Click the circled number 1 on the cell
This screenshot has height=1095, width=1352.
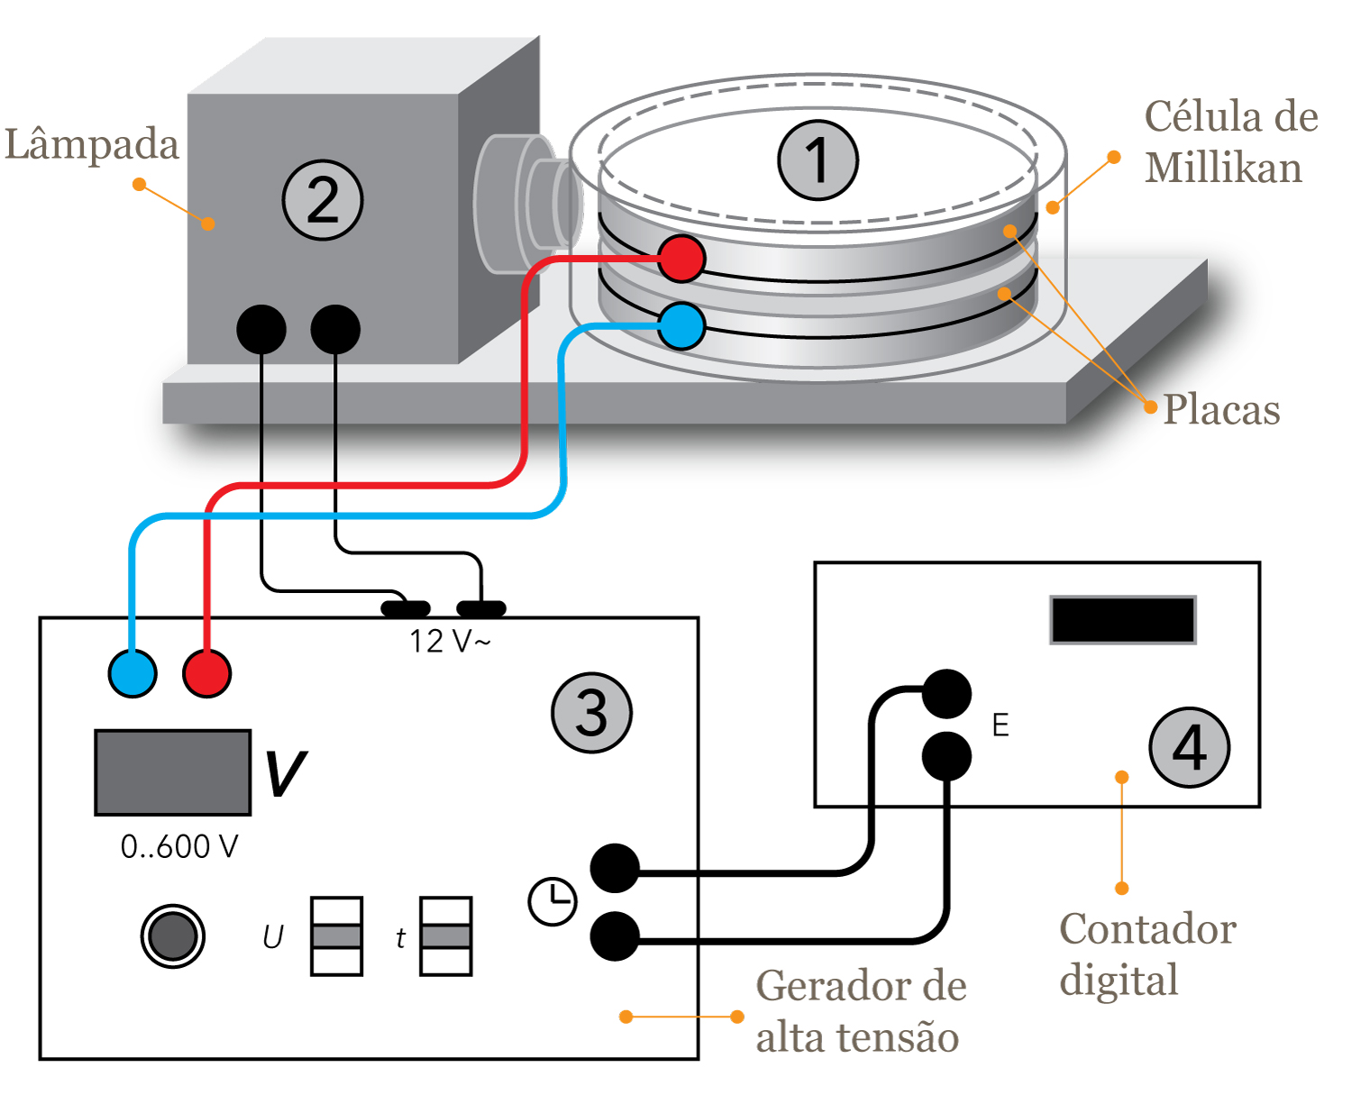[x=818, y=160]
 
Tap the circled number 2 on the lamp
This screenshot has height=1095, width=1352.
[x=323, y=199]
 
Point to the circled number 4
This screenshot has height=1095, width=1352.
[x=1190, y=747]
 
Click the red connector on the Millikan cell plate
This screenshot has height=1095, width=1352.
[x=681, y=259]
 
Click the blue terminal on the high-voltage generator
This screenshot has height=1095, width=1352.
[x=132, y=673]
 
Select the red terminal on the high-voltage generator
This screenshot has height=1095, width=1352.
[x=207, y=673]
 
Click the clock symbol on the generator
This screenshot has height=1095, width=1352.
[x=553, y=900]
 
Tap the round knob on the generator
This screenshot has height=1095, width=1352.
[x=173, y=936]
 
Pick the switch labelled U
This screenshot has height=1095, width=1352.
[x=336, y=936]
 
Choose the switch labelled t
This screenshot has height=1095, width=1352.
[x=446, y=936]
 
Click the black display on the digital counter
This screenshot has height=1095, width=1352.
[x=1123, y=620]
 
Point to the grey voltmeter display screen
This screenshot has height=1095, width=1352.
[x=173, y=772]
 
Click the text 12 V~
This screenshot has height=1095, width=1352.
[x=450, y=642]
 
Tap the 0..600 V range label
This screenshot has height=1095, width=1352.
[x=179, y=847]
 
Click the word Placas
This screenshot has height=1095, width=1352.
[x=1221, y=410]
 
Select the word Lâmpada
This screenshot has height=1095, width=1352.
[x=92, y=144]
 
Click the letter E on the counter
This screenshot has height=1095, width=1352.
[x=1000, y=725]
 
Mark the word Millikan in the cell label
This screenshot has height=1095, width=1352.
[x=1223, y=169]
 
